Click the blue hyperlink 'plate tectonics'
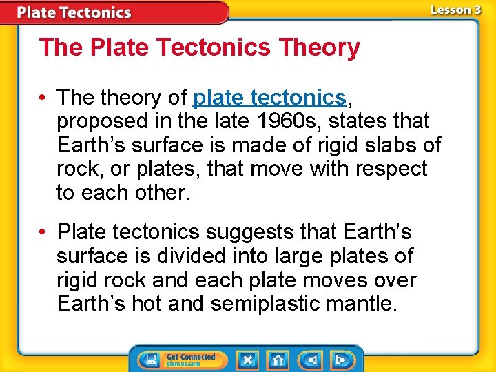[269, 97]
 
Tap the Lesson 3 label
[455, 10]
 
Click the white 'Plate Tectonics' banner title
[74, 12]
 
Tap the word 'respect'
[389, 169]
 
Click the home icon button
[278, 360]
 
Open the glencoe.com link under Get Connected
[183, 364]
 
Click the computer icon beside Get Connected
[149, 360]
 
